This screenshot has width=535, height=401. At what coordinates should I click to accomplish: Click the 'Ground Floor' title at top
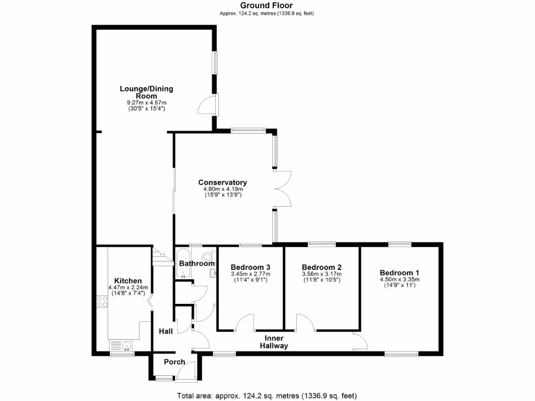point(267,6)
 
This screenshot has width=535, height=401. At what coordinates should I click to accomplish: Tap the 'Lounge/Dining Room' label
point(147,92)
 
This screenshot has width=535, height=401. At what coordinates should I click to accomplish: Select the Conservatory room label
point(223,182)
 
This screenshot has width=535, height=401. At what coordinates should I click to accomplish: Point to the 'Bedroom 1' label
point(399,273)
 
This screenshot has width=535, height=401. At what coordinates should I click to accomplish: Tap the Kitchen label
point(128,281)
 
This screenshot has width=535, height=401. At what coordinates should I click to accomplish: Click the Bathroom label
point(195,264)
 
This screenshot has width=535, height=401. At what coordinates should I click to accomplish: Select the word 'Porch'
point(175,362)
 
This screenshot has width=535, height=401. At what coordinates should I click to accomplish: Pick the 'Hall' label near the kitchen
point(166,331)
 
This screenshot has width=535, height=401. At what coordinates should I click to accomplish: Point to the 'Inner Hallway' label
point(274,342)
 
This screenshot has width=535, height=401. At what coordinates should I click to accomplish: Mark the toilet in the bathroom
point(208,256)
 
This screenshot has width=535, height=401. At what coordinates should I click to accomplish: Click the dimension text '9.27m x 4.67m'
point(147,103)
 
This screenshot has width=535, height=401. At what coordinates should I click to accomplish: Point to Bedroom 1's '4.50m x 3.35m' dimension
point(399,279)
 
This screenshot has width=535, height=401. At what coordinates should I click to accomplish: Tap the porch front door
point(184,372)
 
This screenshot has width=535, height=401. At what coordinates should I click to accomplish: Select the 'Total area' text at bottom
point(267,395)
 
